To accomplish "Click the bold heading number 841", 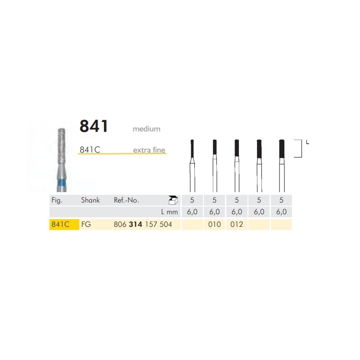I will click(94, 126).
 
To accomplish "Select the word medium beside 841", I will click(146, 129).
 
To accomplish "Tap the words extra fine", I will click(149, 150).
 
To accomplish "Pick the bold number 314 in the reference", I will click(135, 225).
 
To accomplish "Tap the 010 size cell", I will click(214, 225).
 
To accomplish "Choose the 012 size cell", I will click(236, 225).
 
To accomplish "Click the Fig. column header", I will click(57, 200).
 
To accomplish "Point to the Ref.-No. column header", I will click(126, 200).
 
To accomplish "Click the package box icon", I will click(171, 200).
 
